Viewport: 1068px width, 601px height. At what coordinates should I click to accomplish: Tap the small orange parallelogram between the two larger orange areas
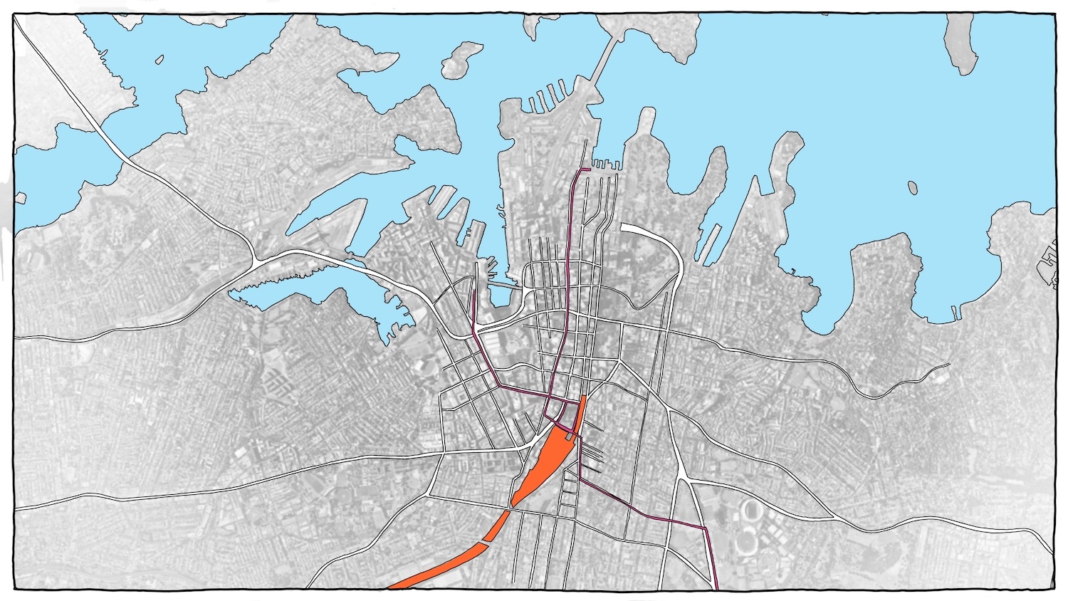[x=498, y=526]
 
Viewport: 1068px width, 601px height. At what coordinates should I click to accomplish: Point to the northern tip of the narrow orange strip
[x=584, y=397]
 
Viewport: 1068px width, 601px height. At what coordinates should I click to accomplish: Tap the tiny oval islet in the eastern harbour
[x=912, y=187]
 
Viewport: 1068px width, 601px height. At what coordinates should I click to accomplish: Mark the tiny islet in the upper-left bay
[x=161, y=60]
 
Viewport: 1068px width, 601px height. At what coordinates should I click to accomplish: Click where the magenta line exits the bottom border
[x=716, y=587]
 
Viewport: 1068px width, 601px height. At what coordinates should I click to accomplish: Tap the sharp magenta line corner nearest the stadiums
[x=705, y=529]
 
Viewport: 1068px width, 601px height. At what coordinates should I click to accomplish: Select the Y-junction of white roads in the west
[x=255, y=257]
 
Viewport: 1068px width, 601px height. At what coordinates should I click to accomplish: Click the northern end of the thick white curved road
[x=624, y=227]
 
